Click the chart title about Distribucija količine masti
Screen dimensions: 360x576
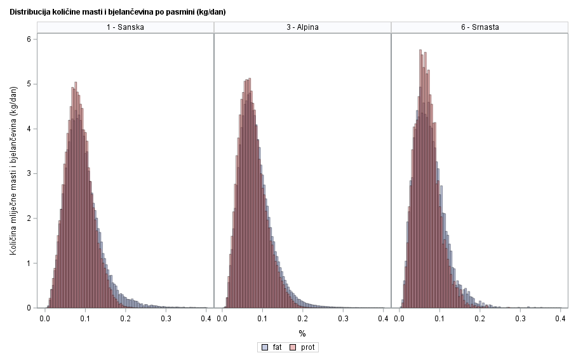click(117, 12)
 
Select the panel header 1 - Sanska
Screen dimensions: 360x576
click(126, 27)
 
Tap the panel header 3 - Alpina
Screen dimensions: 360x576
click(302, 27)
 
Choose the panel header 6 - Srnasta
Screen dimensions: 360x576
click(479, 27)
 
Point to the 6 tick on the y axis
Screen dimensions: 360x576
click(29, 39)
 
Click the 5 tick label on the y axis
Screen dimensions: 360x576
click(29, 84)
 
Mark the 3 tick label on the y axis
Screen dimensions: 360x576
click(29, 173)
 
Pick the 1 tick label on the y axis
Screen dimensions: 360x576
click(29, 263)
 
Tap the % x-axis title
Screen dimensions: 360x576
click(302, 333)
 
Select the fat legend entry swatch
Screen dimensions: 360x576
click(264, 347)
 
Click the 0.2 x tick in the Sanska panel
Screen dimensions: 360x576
click(126, 317)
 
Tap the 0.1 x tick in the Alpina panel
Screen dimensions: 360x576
click(262, 317)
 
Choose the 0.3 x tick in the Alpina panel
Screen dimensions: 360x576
click(343, 317)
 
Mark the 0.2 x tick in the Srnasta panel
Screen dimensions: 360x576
click(479, 317)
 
